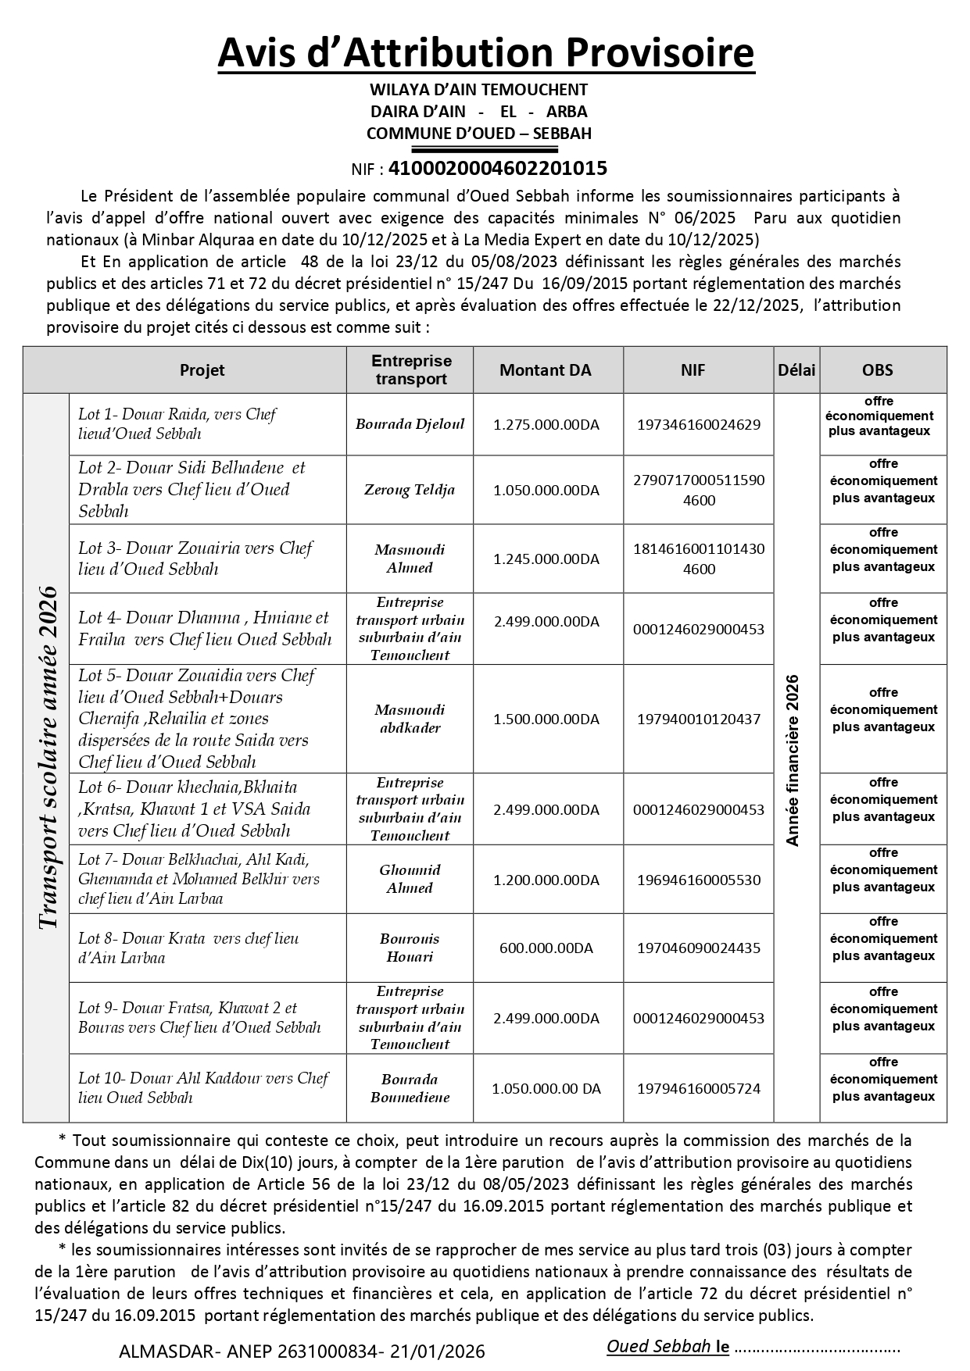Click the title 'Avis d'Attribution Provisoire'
485,53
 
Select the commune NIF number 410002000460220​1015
497,168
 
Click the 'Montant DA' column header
546,370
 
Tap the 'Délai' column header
796,370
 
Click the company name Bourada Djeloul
410,424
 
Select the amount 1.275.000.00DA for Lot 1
546,425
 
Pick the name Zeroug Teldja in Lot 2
410,490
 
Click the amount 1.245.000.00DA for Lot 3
546,559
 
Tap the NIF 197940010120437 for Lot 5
699,719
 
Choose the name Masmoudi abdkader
410,719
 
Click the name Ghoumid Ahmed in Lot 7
410,879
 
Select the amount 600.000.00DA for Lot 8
546,948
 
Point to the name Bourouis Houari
410,948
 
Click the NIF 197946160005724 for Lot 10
699,1088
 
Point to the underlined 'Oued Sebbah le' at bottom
668,1347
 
